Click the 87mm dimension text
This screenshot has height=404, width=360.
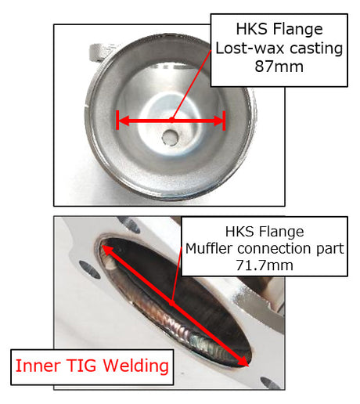[279, 67]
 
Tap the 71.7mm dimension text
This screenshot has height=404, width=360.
[265, 265]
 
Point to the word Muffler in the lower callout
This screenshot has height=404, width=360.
[209, 248]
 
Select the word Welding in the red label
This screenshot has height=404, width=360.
[135, 366]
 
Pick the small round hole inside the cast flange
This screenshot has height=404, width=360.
[170, 137]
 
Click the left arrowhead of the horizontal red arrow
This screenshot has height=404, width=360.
[124, 121]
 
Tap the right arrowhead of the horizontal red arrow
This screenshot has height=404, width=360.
[218, 121]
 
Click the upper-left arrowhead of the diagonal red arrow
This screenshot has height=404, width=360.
[106, 251]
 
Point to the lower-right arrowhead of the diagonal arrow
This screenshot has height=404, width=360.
[242, 361]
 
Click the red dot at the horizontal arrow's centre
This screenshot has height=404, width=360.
[171, 120]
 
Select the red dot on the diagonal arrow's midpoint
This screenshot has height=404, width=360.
[171, 303]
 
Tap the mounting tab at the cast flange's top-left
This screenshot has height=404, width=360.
[99, 52]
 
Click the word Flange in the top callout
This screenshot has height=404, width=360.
[298, 30]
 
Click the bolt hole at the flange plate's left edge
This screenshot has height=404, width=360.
[90, 269]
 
